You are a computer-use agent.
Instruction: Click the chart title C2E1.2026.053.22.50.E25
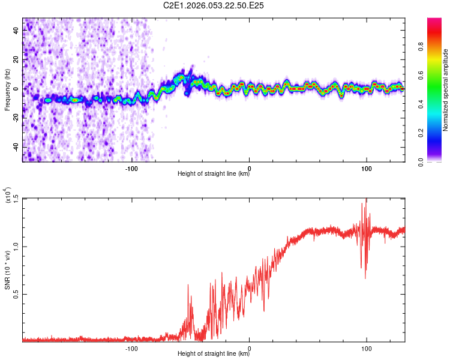[x=214, y=6]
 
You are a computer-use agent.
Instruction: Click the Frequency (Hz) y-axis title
[x=7, y=89]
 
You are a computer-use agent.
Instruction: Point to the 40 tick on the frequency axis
[x=16, y=31]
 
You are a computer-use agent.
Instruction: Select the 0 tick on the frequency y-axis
[x=16, y=89]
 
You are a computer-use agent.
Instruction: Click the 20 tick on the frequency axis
[x=16, y=60]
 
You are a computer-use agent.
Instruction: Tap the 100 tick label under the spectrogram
[x=366, y=169]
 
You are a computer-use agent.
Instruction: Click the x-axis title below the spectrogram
[x=214, y=175]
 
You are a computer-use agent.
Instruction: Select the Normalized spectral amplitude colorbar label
[x=446, y=89]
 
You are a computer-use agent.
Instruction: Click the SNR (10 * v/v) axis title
[x=7, y=269]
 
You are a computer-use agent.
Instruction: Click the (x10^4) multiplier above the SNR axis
[x=7, y=195]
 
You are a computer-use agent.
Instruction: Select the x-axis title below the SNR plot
[x=214, y=355]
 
